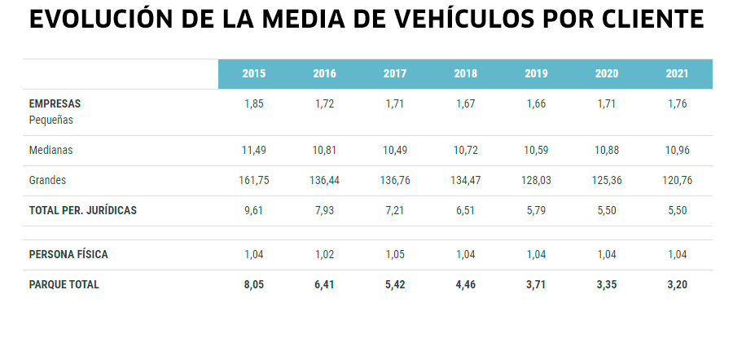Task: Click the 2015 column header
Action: coord(253,74)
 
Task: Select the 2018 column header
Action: coord(465,74)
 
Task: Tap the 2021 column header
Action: coord(677,74)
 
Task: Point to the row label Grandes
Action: coord(47,181)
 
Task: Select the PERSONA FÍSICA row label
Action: coord(68,255)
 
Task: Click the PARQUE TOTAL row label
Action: coord(64,285)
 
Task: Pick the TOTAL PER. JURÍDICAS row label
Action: coord(82,210)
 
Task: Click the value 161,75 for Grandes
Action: coord(253,181)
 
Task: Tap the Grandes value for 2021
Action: coord(677,181)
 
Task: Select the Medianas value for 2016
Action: coord(324,151)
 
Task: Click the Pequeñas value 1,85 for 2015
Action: coord(253,104)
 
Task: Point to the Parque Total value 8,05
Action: coord(253,285)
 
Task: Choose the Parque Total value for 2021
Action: coord(677,285)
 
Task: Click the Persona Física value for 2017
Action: coord(395,255)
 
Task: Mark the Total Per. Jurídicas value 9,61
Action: coord(253,210)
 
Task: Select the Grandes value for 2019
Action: coord(536,181)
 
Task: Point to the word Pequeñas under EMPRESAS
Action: coord(51,120)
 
